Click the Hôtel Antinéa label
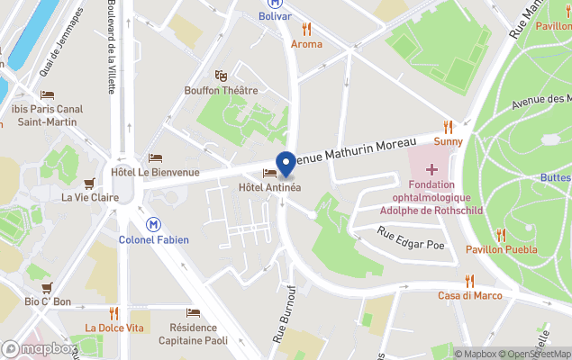(269, 187)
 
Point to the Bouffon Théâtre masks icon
(221, 75)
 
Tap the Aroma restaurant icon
(306, 29)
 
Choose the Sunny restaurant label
(448, 141)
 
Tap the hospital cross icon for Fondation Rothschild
(432, 169)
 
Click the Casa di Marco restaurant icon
(468, 281)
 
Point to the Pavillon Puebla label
(502, 249)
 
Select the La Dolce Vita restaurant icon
(113, 313)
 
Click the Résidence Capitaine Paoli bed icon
(193, 313)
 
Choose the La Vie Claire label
(90, 197)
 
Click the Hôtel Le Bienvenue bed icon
(155, 158)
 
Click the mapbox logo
(40, 348)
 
